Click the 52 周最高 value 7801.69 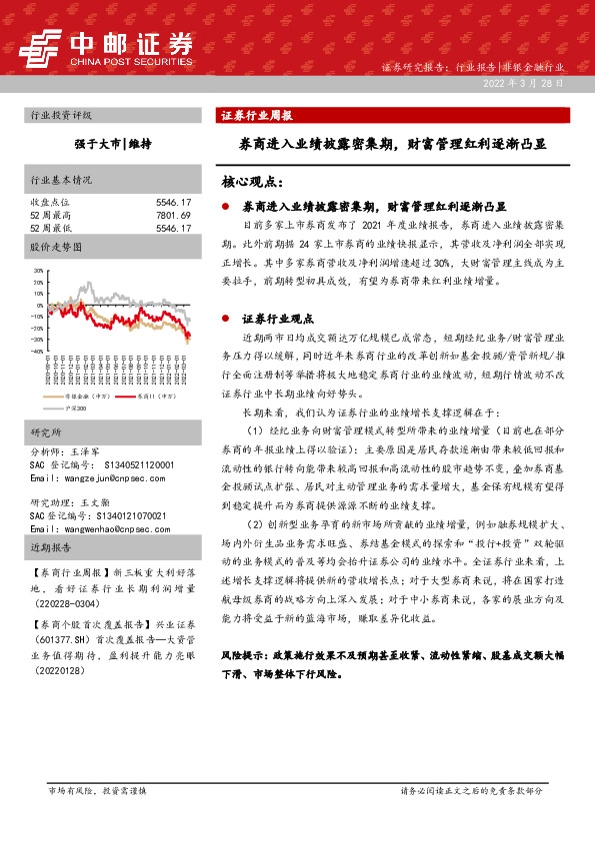tap(173, 215)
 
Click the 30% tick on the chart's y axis tap(38, 270)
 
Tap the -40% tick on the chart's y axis tap(38, 352)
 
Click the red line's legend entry tap(140, 398)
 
